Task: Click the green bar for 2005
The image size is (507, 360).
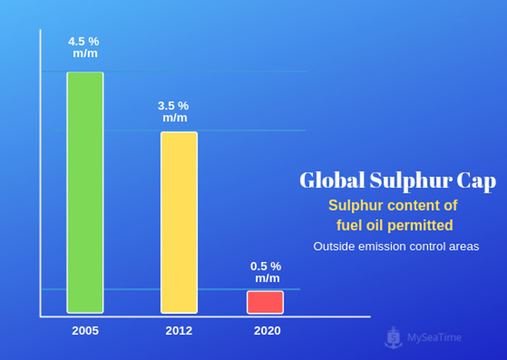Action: [x=85, y=192]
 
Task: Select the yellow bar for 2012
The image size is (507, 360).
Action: [x=179, y=222]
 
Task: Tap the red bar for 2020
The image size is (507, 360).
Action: [x=265, y=302]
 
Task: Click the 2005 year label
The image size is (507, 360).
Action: [x=85, y=331]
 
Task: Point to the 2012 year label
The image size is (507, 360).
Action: [x=179, y=331]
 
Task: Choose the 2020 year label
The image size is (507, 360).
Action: [x=267, y=331]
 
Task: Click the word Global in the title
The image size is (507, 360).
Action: [x=330, y=180]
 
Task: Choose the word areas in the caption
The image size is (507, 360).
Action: [x=464, y=246]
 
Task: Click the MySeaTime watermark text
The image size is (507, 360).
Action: [x=434, y=337]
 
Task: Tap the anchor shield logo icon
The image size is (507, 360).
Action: [x=394, y=336]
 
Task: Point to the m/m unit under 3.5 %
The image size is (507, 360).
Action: [x=175, y=117]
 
